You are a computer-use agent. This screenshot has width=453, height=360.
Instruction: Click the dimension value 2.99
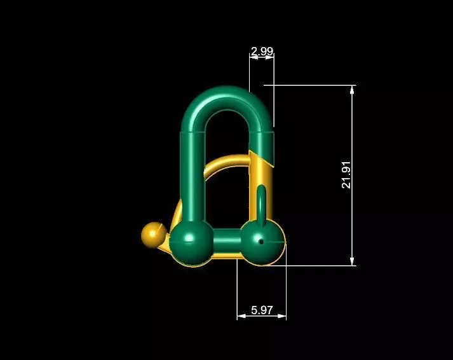[x=262, y=50]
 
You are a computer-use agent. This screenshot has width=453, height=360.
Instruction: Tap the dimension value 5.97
[x=262, y=310]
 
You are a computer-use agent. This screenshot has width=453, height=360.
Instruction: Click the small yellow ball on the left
[x=152, y=234]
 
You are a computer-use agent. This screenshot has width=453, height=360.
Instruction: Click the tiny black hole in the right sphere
[x=261, y=241]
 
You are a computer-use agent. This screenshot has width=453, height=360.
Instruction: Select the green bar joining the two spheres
[x=227, y=242]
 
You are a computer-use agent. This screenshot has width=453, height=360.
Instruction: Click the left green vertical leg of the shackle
[x=193, y=178]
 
